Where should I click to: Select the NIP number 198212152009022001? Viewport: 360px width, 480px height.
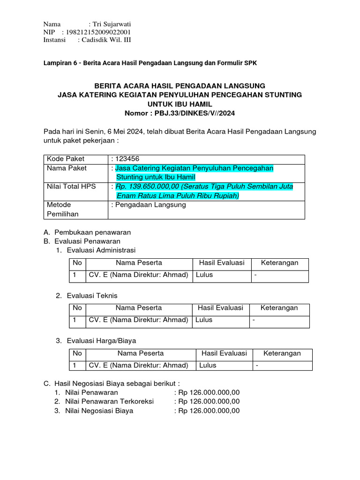[x=100, y=32]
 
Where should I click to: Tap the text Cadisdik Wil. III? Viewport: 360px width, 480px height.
[x=106, y=40]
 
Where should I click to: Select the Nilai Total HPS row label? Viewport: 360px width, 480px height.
[x=71, y=187]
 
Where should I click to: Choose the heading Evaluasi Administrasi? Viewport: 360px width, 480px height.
[x=101, y=250]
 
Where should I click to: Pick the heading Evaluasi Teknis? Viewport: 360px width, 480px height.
[x=92, y=296]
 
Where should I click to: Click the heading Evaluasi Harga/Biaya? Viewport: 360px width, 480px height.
[x=102, y=341]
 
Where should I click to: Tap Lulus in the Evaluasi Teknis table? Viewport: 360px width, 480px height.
[x=204, y=320]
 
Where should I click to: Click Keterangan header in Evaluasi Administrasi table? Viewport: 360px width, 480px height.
[x=279, y=263]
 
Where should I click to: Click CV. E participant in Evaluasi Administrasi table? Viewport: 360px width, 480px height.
[x=138, y=275]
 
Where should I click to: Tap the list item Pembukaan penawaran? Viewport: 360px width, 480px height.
[x=93, y=232]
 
